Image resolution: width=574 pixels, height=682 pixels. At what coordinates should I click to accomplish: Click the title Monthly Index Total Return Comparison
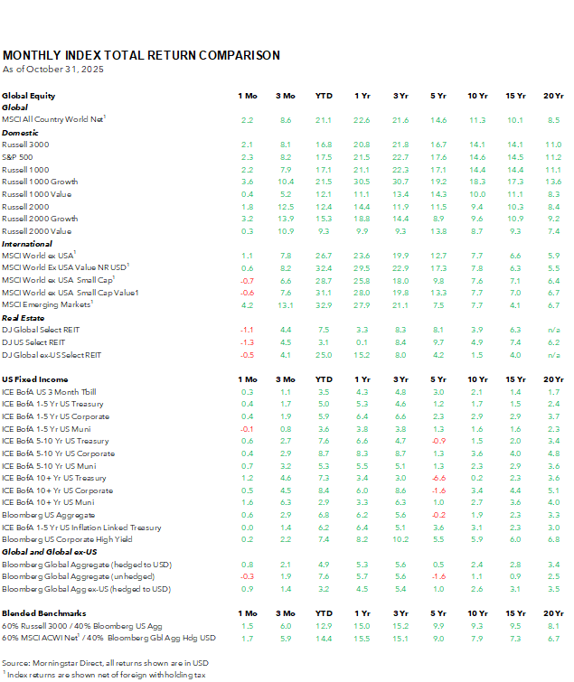click(x=141, y=55)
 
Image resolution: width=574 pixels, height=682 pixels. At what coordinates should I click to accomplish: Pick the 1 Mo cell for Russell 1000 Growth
click(x=248, y=182)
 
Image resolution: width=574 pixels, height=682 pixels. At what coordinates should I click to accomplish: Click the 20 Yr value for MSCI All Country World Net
click(x=553, y=119)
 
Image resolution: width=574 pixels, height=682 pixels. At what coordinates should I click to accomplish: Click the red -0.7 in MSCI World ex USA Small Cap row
click(x=248, y=280)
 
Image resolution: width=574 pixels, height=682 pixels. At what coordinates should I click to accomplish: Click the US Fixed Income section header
click(x=35, y=379)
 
